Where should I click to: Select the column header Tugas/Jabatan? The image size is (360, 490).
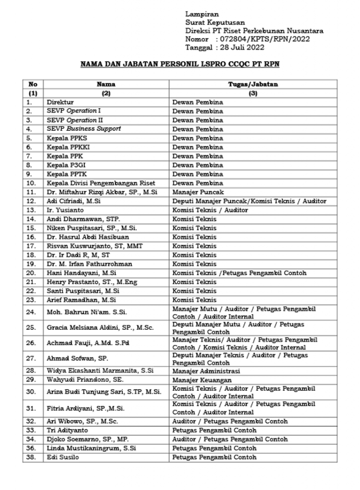pos(253,84)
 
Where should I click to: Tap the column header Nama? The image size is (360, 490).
pos(106,84)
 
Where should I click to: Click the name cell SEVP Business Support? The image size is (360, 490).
pos(84,129)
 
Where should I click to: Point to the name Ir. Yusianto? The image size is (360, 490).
pos(65,210)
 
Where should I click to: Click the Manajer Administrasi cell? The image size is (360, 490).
pos(206,371)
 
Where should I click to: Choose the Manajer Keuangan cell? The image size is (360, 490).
pos(199,380)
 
